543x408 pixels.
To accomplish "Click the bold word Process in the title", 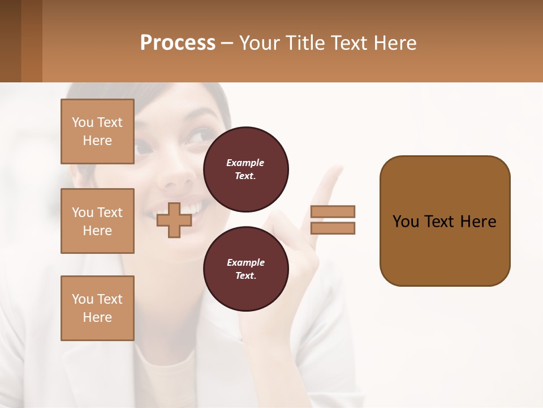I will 178,43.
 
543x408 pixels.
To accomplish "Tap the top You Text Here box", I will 97,131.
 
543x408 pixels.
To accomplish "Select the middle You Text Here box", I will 97,221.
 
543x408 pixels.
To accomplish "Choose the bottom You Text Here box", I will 97,308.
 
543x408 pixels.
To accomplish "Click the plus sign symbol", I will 174,220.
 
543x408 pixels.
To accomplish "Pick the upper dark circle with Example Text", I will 245,169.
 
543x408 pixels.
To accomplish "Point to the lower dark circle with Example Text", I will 245,269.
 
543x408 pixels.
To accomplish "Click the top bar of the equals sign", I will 333,211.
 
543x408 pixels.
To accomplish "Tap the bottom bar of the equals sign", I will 333,228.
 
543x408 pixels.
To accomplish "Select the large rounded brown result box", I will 445,221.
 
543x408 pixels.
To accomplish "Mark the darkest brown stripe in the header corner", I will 10,41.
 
